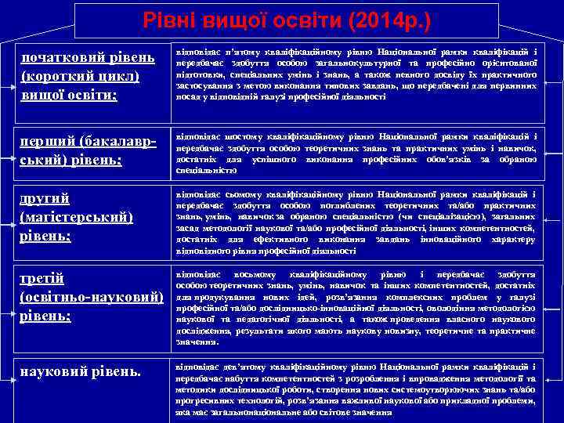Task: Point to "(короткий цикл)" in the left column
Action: [81, 76]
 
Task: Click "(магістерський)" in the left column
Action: [76, 216]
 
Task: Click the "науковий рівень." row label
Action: [81, 370]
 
